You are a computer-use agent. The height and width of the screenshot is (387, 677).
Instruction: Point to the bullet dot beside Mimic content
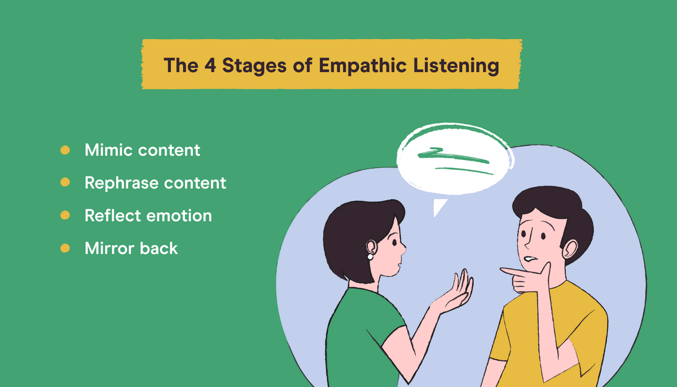(x=65, y=150)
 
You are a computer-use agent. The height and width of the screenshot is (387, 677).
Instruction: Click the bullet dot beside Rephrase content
(x=65, y=182)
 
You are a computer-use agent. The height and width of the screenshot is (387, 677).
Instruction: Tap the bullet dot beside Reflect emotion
(x=65, y=215)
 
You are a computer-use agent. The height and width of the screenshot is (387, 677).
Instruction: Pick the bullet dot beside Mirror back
(x=65, y=248)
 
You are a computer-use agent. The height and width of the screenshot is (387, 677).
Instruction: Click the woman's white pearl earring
(x=371, y=257)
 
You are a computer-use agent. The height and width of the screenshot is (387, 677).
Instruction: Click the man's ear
(x=569, y=248)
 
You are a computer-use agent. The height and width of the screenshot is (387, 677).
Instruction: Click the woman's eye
(x=394, y=244)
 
